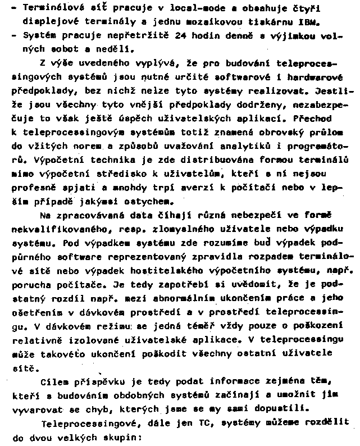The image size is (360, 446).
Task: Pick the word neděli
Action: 111,49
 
